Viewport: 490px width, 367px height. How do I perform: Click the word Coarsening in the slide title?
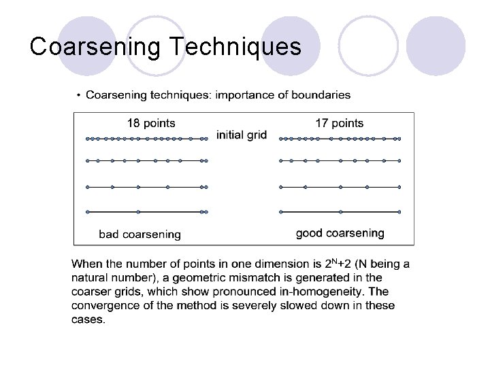click(x=95, y=46)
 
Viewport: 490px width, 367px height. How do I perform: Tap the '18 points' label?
click(x=151, y=123)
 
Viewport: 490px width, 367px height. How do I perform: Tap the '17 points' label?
click(x=339, y=123)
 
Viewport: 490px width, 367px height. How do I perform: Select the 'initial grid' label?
click(x=242, y=135)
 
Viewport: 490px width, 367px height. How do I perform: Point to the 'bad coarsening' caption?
click(x=140, y=234)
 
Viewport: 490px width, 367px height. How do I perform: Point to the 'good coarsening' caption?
click(x=340, y=233)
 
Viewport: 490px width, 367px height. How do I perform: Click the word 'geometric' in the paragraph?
click(x=205, y=277)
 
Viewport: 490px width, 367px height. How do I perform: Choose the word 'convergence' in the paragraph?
click(x=101, y=306)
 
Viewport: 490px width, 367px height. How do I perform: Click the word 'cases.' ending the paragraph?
click(x=88, y=319)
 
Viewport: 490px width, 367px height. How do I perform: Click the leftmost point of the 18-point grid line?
click(x=88, y=139)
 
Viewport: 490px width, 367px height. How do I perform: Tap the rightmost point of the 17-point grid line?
click(x=399, y=139)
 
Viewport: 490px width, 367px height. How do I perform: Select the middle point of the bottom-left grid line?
click(x=138, y=212)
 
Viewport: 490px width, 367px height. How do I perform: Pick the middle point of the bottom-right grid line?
click(x=340, y=212)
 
